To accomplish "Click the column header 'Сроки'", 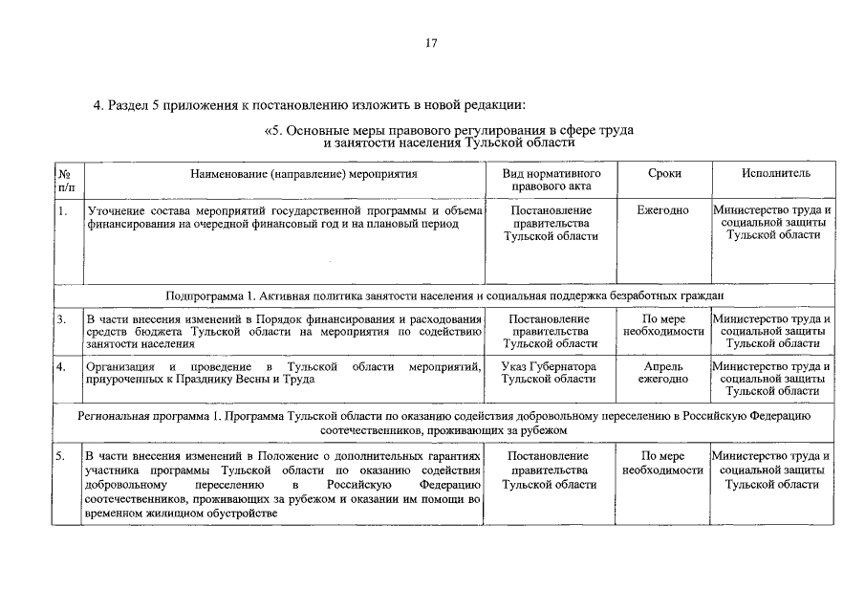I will coord(662,174).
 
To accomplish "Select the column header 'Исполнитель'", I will coord(775,174).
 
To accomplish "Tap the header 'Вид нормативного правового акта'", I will coord(551,181).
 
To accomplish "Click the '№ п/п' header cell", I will coord(65,181).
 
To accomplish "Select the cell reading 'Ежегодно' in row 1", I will coord(662,210).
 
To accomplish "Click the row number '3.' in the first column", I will coord(61,318).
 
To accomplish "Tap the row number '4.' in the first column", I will coord(61,366).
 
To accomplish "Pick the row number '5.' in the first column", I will coord(61,457).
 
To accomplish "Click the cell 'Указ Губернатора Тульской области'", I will coord(551,373).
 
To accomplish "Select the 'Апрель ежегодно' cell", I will coord(662,373).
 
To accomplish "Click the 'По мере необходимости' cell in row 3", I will coord(662,325).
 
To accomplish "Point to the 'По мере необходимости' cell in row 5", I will coord(662,464).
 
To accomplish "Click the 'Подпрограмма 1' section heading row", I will coord(444,295).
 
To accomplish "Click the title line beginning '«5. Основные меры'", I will coord(448,129).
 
